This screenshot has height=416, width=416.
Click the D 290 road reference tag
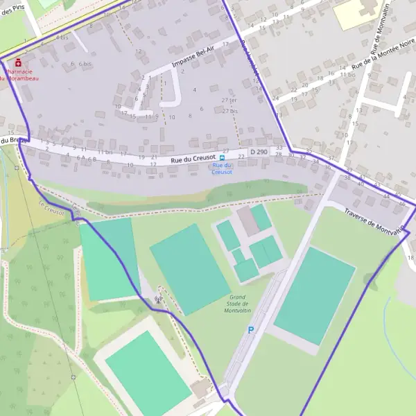click(258, 152)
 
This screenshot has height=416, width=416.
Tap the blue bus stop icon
click(223, 157)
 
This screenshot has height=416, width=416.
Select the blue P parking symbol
click(250, 331)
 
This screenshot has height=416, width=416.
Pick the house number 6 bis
click(85, 64)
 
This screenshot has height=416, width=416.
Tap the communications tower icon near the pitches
click(159, 300)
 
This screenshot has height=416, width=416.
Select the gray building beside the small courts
click(248, 221)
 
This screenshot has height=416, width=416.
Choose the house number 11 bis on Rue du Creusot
click(104, 152)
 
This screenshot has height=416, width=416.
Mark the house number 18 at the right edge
click(410, 258)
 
